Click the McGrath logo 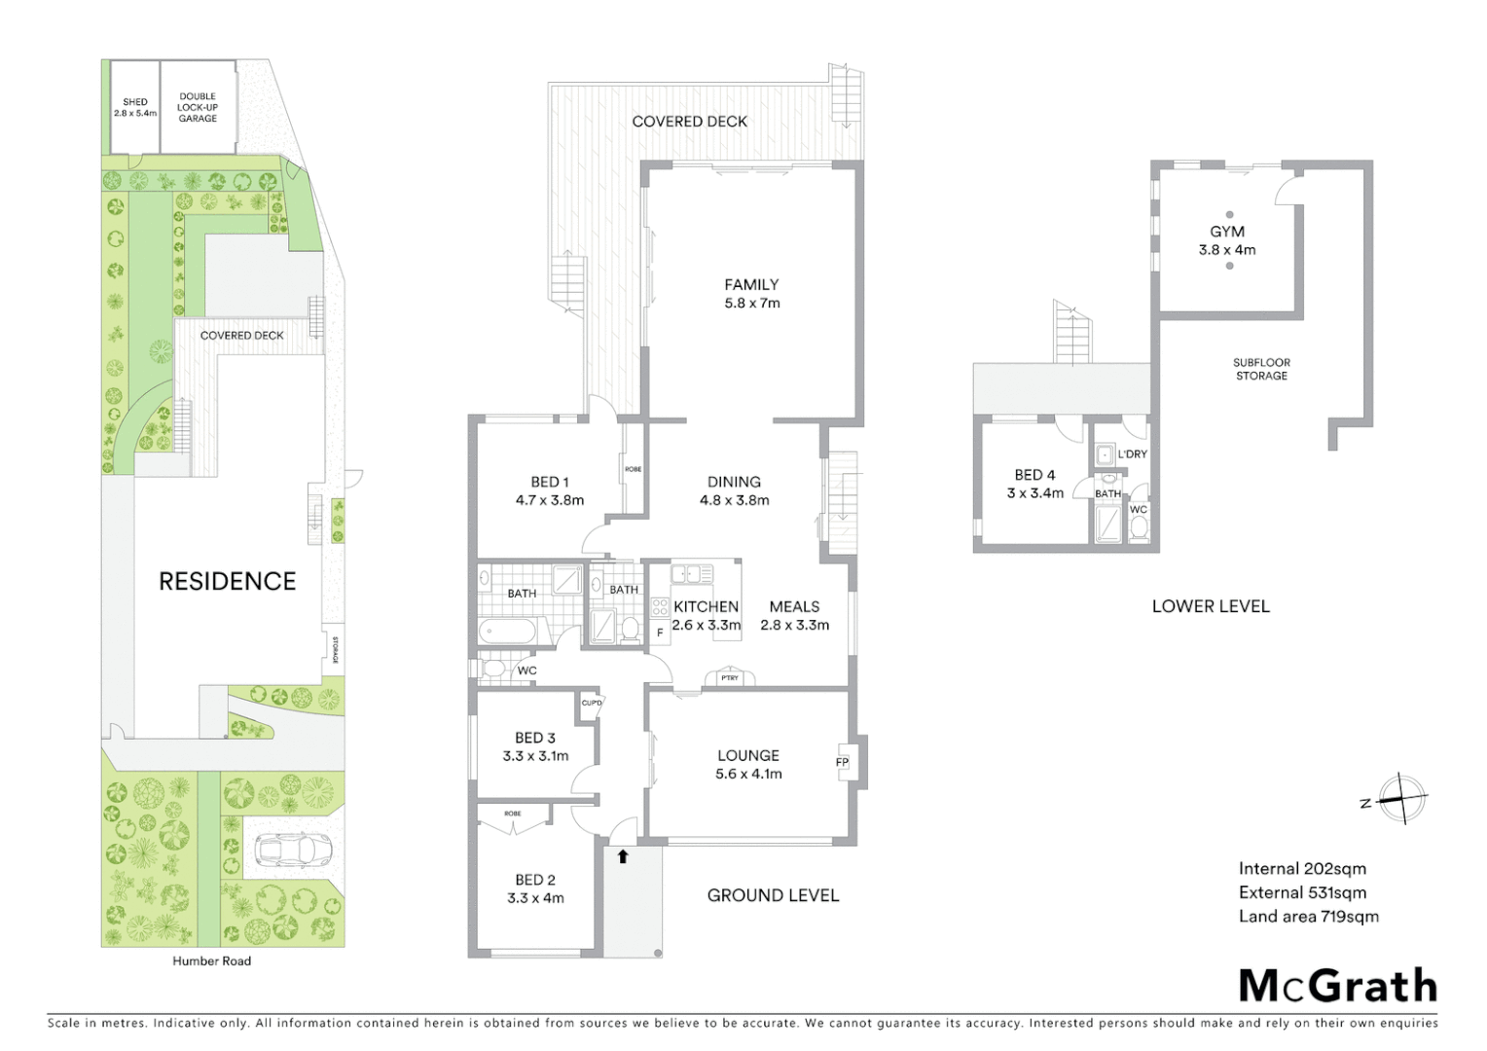pos(1338,986)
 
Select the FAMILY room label pos(751,285)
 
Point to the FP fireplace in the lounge pos(842,762)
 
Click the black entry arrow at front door pos(623,856)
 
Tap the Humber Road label pos(211,960)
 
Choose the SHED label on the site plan pos(135,102)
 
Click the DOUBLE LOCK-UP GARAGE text pos(198,107)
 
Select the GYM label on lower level pos(1227,232)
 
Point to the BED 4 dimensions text pos(1034,493)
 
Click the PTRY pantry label pos(729,677)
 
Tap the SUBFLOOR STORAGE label pos(1261,369)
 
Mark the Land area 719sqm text pos(1308,916)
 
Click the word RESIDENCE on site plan pos(227,581)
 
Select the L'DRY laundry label pos(1132,454)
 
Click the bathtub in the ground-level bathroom pos(506,631)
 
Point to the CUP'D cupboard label pos(592,703)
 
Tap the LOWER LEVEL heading pos(1211,605)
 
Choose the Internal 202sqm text pos(1302,869)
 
